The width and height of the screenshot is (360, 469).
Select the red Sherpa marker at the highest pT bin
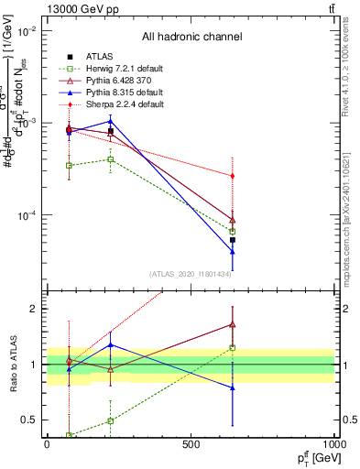(x=233, y=176)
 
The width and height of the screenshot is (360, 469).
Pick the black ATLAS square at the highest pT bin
(x=233, y=240)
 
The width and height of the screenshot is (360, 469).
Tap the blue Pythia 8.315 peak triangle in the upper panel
(x=111, y=120)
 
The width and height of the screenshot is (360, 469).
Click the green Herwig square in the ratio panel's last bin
(x=233, y=347)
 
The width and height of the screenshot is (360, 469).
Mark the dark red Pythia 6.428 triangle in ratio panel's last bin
(x=233, y=324)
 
